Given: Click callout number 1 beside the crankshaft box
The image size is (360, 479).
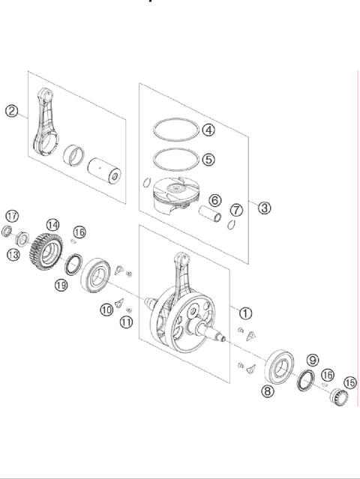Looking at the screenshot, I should [x=246, y=313].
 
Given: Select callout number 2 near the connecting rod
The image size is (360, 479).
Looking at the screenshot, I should [x=12, y=111].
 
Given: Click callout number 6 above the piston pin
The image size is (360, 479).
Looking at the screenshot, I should [x=214, y=201].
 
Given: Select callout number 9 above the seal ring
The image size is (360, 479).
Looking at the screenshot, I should [x=313, y=360].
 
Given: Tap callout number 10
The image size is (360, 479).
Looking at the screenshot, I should [x=107, y=309].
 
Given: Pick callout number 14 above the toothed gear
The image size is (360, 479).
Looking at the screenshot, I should [x=52, y=224].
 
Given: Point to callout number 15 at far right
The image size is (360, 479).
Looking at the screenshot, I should [x=349, y=382].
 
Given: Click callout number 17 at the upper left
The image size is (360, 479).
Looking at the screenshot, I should [x=12, y=215].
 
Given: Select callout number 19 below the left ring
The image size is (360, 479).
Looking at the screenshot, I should [x=61, y=284].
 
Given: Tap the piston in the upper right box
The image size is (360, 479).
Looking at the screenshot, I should [x=172, y=201].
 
